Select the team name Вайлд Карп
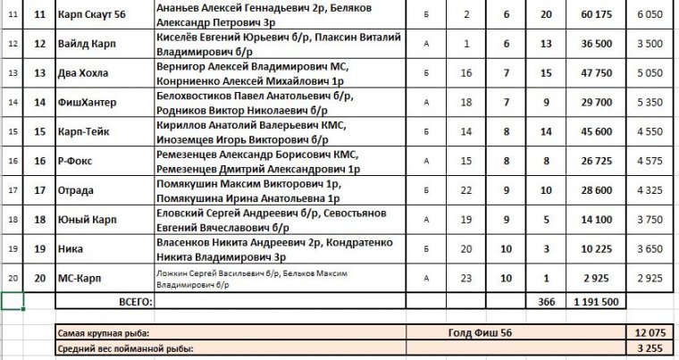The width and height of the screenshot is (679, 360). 85,43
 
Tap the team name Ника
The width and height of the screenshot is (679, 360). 72,249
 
